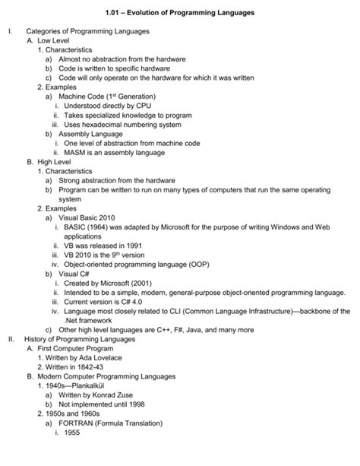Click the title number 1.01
pyautogui.click(x=115, y=13)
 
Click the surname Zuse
pyautogui.click(x=123, y=395)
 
